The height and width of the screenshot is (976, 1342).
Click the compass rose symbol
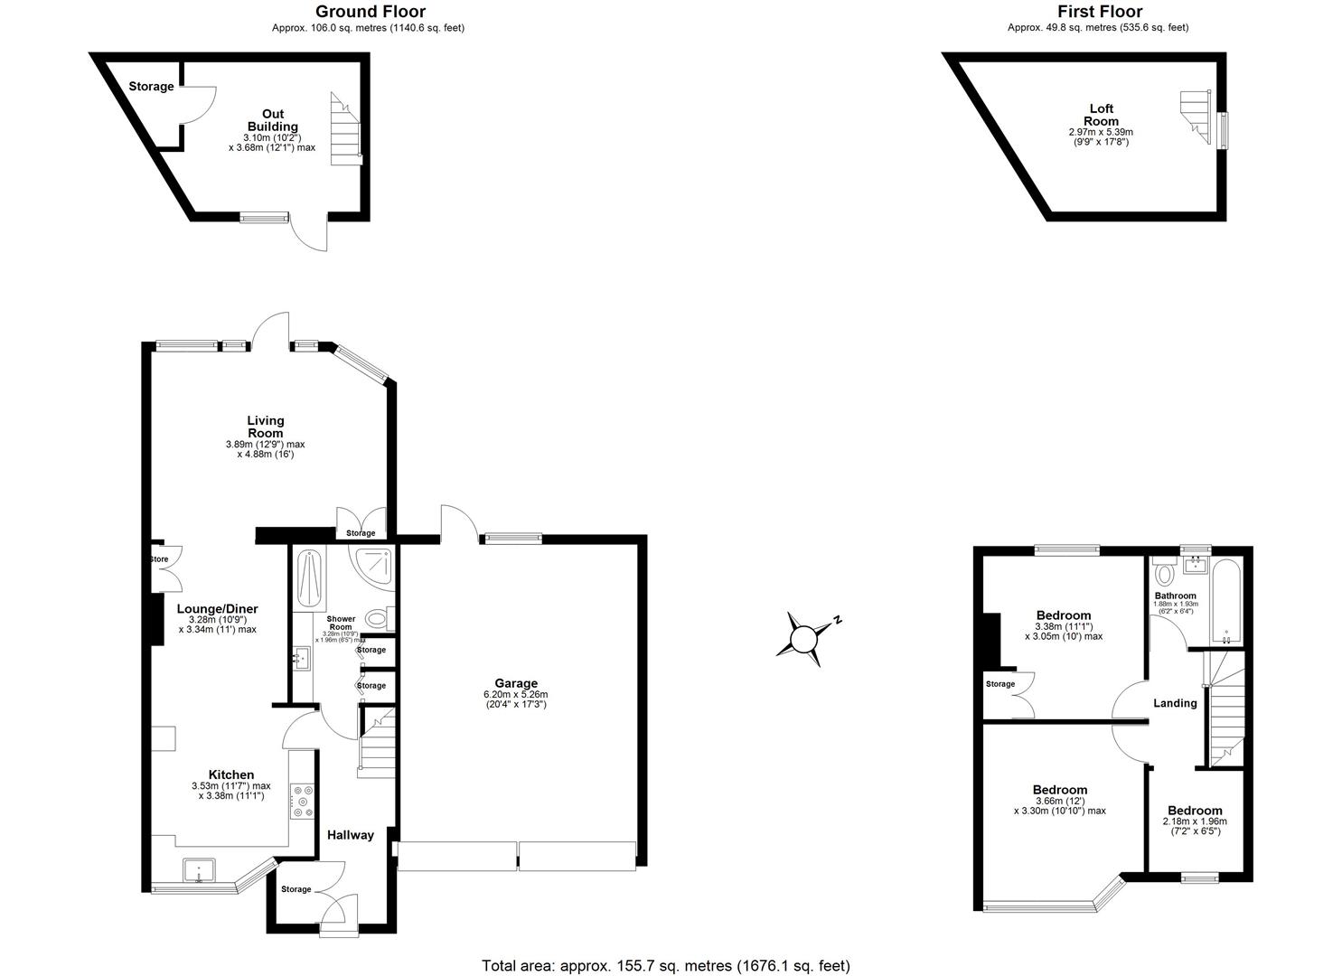tap(804, 639)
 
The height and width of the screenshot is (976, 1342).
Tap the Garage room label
tap(515, 683)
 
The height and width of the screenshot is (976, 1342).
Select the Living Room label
tap(266, 427)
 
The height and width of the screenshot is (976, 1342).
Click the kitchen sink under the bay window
tap(198, 870)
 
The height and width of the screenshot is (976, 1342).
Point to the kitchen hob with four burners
tap(302, 801)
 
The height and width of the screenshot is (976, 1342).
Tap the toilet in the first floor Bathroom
tap(1165, 573)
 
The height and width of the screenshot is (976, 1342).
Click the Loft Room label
tap(1101, 115)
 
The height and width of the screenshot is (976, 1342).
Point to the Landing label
tap(1175, 703)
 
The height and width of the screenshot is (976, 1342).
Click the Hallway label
tap(350, 835)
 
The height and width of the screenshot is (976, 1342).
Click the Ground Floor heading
tap(370, 12)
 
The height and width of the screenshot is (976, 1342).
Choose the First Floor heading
tap(1100, 12)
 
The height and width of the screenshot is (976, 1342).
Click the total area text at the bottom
tap(666, 966)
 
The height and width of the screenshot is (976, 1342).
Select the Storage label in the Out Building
tap(151, 87)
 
